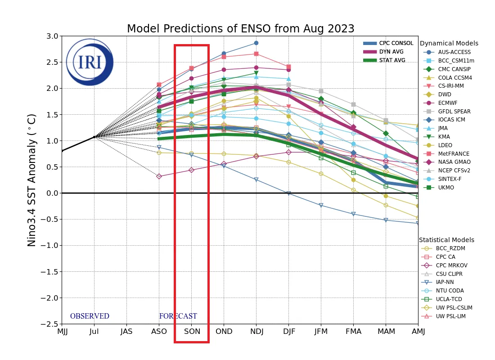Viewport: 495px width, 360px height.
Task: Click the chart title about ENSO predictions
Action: click(x=240, y=29)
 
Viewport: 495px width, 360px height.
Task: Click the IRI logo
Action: click(x=90, y=62)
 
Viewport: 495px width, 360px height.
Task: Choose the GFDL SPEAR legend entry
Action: click(x=454, y=111)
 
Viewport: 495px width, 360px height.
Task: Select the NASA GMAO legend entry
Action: click(x=454, y=162)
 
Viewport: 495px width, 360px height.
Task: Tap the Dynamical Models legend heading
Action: click(x=449, y=44)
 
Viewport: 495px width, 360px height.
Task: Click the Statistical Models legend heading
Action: click(x=446, y=240)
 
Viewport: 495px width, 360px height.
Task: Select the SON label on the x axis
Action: click(x=191, y=332)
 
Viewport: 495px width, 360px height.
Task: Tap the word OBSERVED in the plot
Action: click(x=90, y=316)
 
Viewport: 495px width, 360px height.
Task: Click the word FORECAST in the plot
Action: click(x=178, y=316)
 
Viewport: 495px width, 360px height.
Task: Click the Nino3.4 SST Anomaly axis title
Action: click(x=32, y=180)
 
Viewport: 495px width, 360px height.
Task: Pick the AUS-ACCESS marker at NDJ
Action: click(x=256, y=43)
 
